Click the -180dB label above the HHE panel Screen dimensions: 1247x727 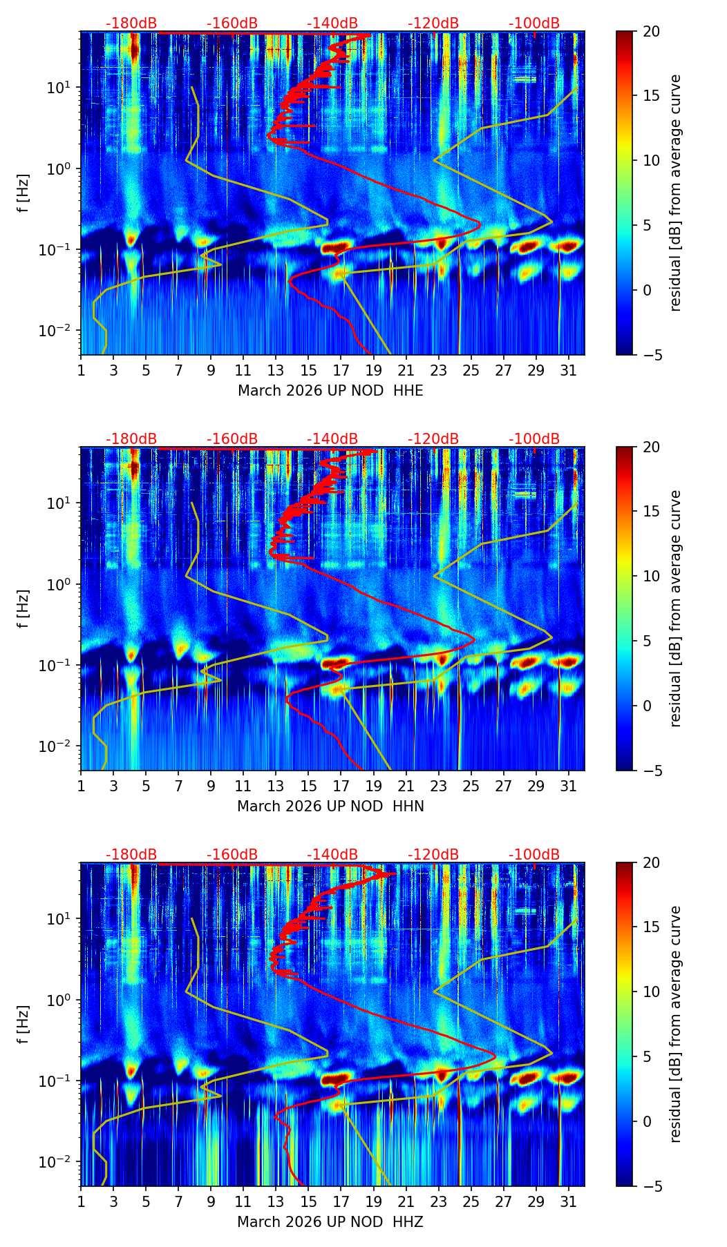click(x=131, y=23)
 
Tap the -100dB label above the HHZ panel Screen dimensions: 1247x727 click(x=534, y=855)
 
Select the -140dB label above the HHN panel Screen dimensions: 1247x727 click(x=332, y=439)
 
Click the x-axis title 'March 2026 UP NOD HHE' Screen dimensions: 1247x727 click(x=330, y=391)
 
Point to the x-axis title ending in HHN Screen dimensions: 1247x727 click(x=330, y=806)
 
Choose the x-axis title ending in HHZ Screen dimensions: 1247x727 click(x=330, y=1222)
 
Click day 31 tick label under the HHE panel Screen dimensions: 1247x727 click(x=568, y=370)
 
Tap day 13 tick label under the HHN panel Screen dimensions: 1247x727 click(x=276, y=786)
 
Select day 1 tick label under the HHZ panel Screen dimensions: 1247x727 click(x=81, y=1201)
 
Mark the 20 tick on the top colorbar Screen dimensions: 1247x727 click(x=651, y=32)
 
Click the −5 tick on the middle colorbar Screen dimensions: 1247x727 click(x=651, y=771)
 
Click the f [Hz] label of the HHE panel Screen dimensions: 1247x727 click(x=23, y=193)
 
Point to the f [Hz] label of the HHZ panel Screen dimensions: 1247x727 click(x=23, y=1024)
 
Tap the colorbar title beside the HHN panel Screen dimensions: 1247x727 click(x=675, y=608)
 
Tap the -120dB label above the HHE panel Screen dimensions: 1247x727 click(x=433, y=23)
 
